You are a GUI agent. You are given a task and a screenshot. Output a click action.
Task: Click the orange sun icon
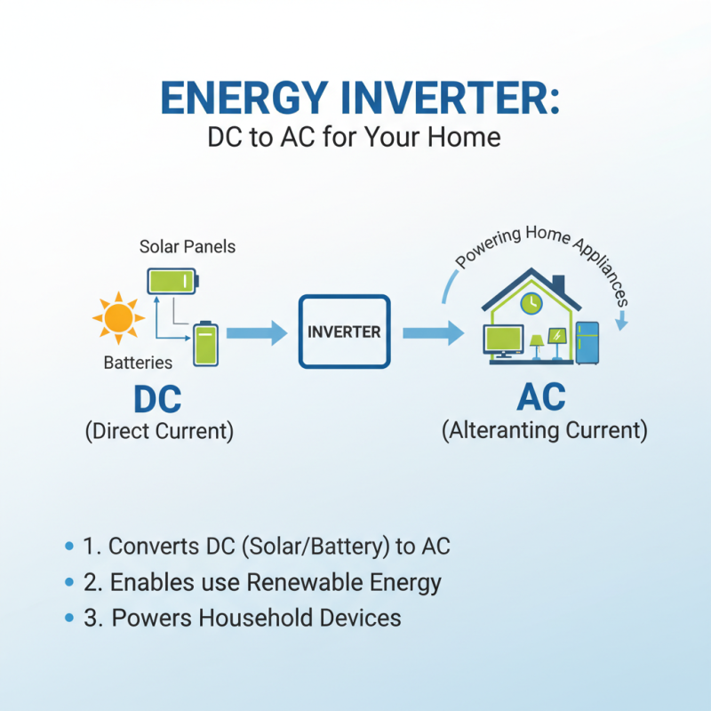(x=118, y=318)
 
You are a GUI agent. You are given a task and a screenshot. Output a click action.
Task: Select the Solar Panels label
(x=188, y=246)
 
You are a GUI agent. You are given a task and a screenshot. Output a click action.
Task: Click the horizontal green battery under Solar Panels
(x=172, y=282)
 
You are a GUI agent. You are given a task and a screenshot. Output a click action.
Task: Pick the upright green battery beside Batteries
(x=205, y=343)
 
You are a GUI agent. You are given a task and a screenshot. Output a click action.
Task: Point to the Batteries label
(x=138, y=363)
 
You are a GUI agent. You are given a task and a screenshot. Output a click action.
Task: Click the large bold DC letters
(x=157, y=399)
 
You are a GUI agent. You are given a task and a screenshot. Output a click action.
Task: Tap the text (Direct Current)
(x=159, y=432)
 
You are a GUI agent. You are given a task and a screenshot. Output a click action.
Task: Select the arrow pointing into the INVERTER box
(x=256, y=333)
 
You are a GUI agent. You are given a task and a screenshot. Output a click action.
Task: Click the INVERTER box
(x=344, y=332)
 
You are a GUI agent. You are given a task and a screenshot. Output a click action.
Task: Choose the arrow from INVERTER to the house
(x=432, y=333)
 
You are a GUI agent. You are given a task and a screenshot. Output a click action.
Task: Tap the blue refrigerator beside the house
(x=588, y=343)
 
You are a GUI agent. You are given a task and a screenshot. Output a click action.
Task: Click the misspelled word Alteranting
(x=508, y=431)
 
